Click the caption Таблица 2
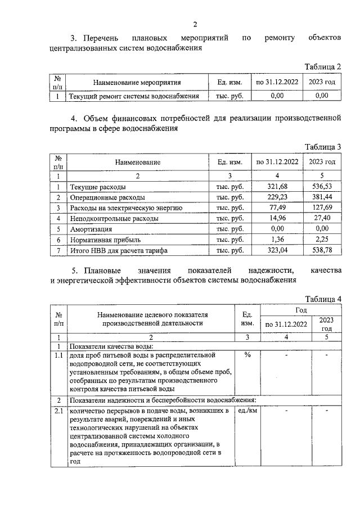323,67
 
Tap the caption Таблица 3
323,147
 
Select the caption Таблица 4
323,298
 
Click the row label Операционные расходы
107,197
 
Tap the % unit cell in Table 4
247,355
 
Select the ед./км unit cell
247,411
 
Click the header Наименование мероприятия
137,82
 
